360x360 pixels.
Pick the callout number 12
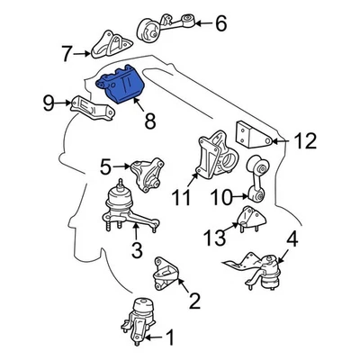coord(305,140)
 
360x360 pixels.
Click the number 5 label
coord(105,166)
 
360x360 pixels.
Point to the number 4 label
coord(291,240)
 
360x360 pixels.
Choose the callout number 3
coord(136,247)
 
